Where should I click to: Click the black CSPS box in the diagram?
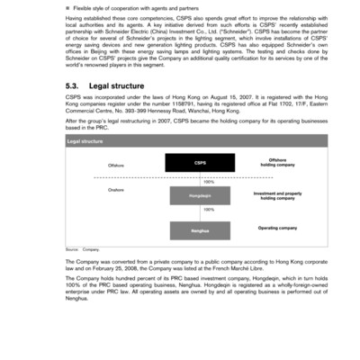200,163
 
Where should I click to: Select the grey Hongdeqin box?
200,195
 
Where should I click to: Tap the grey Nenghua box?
200,230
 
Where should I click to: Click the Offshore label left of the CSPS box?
117,166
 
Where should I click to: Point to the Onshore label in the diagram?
116,190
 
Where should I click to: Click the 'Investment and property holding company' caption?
278,195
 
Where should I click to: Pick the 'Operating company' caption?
277,228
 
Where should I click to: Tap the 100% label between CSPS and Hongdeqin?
209,181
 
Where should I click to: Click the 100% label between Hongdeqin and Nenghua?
209,210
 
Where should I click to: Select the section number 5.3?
74,86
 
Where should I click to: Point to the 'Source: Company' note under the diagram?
83,247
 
